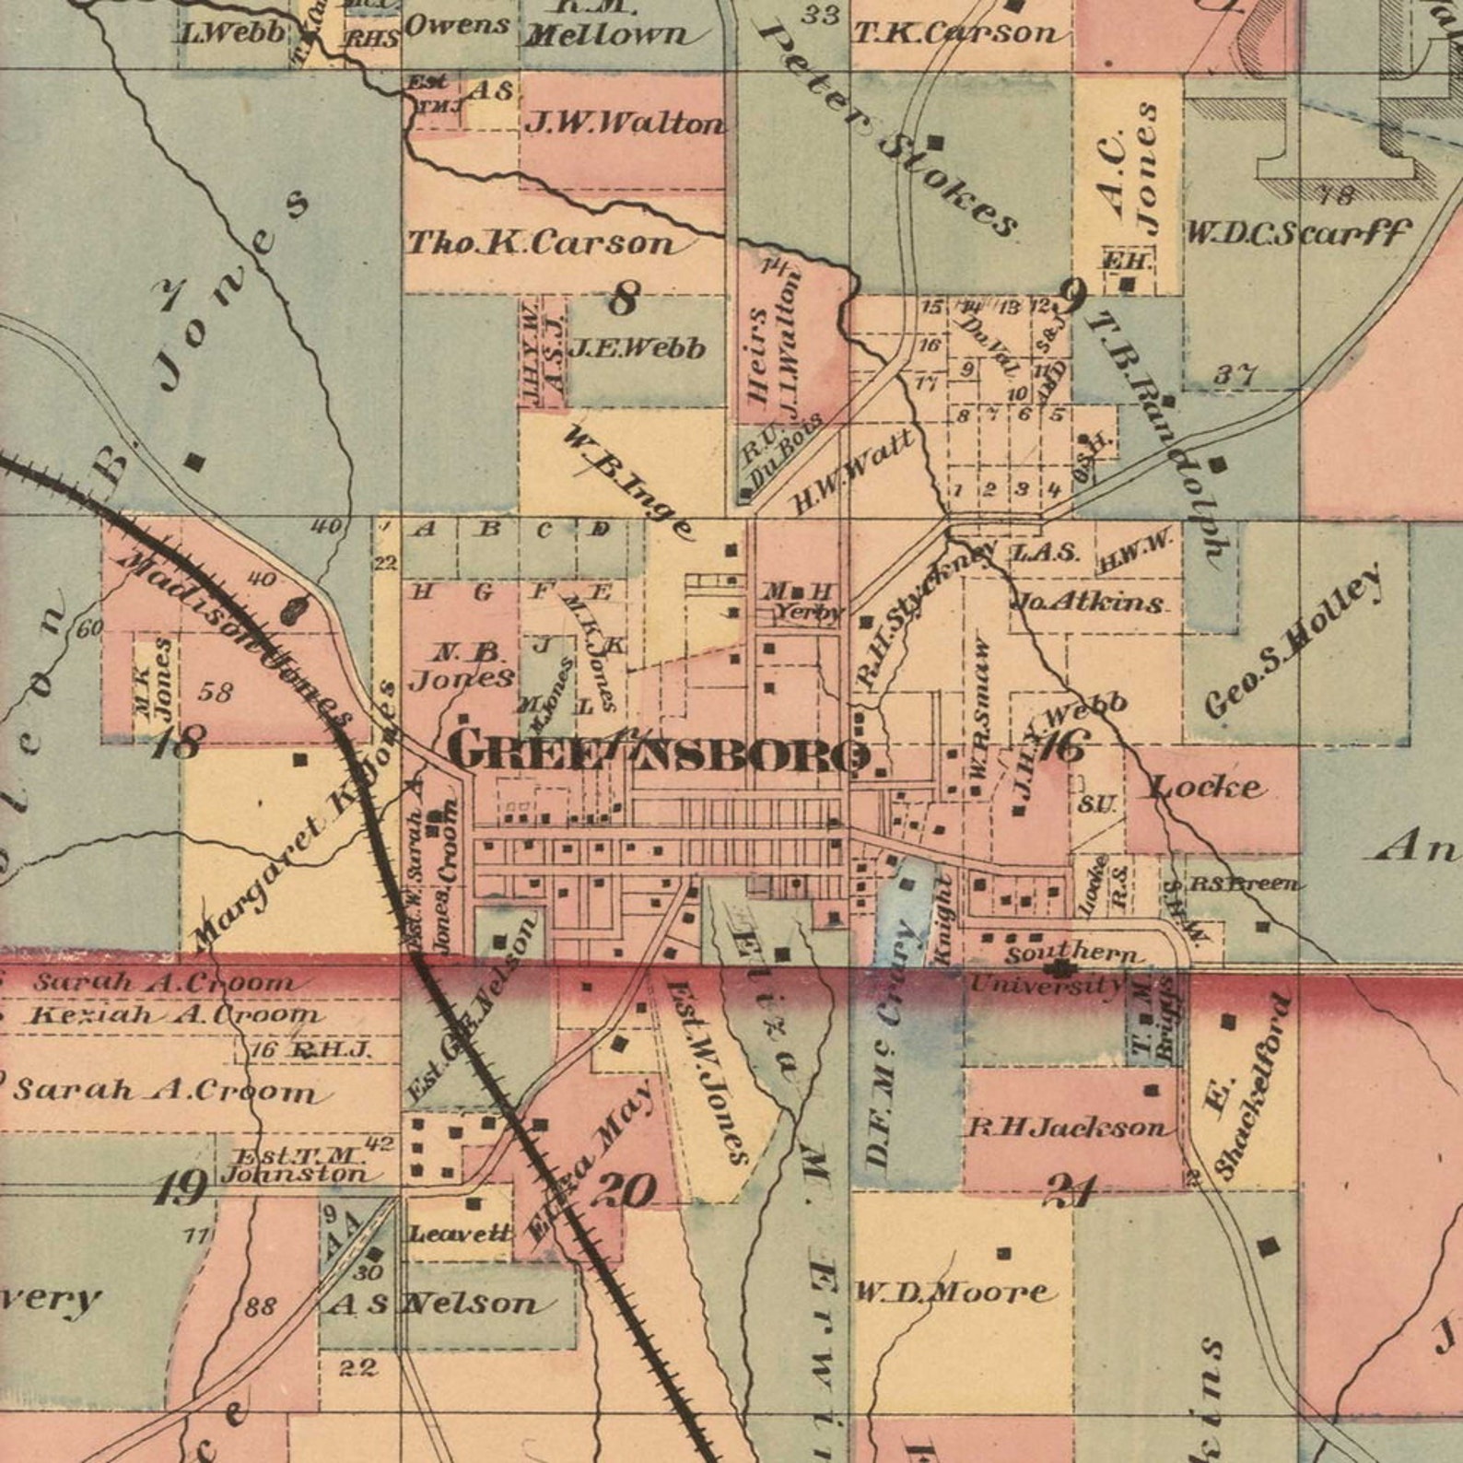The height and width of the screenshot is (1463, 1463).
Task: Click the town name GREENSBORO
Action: click(658, 751)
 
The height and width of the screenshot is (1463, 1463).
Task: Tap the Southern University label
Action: click(1059, 969)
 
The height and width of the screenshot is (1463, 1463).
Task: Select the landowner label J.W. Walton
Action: click(624, 122)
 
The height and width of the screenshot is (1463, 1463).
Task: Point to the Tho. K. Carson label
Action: click(542, 242)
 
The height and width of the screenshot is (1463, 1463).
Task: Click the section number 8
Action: click(624, 298)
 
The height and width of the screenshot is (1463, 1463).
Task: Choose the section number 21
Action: click(1070, 1192)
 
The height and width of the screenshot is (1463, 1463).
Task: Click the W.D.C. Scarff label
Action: click(1296, 232)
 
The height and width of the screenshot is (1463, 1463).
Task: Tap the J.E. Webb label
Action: click(637, 348)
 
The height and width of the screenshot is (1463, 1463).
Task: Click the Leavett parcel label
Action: click(459, 1233)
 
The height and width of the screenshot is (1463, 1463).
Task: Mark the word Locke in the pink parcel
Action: click(1206, 787)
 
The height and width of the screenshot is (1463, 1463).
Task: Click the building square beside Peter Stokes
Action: click(935, 143)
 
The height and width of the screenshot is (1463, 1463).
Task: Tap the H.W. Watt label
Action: click(854, 470)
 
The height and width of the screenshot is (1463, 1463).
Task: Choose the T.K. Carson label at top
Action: click(956, 34)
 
